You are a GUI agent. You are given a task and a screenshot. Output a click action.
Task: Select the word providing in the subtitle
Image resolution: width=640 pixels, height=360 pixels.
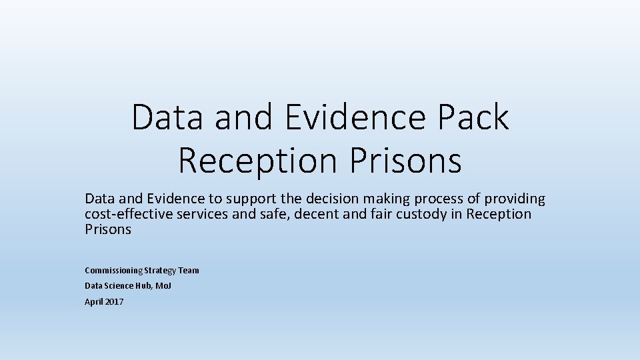point(515,199)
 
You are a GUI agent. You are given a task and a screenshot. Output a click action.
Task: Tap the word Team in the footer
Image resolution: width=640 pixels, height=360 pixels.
point(189,270)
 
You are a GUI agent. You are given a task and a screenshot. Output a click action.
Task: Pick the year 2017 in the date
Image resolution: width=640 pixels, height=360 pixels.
point(113,302)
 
